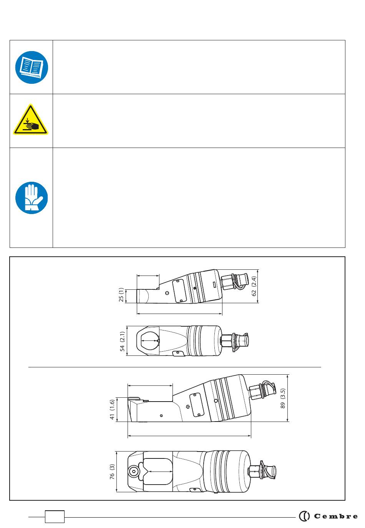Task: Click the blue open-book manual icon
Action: [32, 67]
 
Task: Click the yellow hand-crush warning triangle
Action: [31, 120]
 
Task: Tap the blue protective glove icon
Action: [32, 198]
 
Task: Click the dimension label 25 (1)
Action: [121, 295]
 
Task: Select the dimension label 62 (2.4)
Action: [254, 286]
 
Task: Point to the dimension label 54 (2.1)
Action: [122, 342]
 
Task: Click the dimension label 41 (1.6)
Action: [112, 409]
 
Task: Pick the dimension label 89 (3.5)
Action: [283, 398]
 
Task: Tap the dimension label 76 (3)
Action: [112, 472]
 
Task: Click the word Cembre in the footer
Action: [336, 516]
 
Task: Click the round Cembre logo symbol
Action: [304, 516]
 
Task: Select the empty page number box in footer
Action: [55, 517]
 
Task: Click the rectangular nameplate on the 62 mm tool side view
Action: [179, 291]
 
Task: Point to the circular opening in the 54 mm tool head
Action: [150, 341]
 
